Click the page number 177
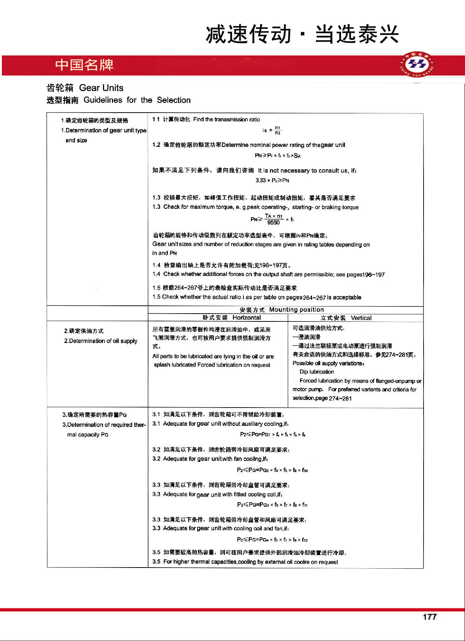point(430,617)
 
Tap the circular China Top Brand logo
point(417,65)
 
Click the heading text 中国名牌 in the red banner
point(84,65)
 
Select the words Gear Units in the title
point(101,88)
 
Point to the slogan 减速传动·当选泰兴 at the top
point(302,34)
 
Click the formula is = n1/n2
point(272,130)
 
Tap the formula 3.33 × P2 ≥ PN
point(272,180)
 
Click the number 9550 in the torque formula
point(273,223)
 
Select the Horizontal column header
point(246,318)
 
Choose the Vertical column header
point(361,318)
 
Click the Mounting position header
point(296,309)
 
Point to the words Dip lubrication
point(317,372)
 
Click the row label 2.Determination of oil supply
point(101,341)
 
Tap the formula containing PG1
point(273,434)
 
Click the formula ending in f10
point(272,470)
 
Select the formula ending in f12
point(272,540)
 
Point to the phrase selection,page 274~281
point(322,398)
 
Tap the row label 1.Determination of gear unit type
point(104,131)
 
